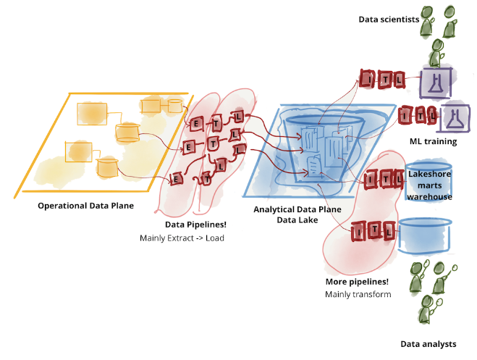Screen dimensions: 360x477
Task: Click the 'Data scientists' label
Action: point(389,20)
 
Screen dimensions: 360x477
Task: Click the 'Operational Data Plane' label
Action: point(86,206)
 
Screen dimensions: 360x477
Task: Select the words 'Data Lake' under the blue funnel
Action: point(299,220)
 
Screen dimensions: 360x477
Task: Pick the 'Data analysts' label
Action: point(429,343)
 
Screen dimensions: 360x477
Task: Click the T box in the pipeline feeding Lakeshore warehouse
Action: point(382,177)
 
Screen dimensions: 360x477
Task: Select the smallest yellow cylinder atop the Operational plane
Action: point(174,106)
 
